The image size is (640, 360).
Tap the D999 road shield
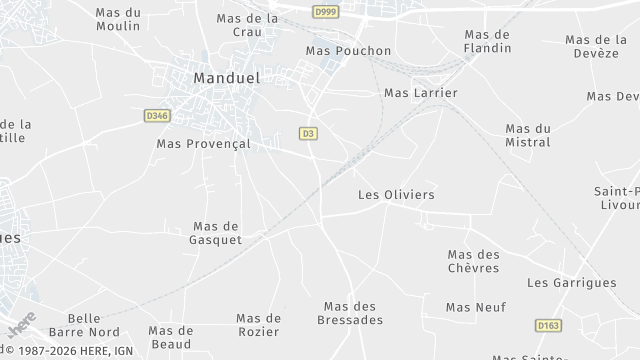(x=324, y=12)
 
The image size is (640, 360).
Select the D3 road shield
(x=308, y=133)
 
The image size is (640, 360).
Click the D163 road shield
(x=547, y=326)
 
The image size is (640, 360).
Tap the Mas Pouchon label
(x=348, y=51)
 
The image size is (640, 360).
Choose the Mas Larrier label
(x=420, y=93)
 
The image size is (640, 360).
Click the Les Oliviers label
(x=396, y=195)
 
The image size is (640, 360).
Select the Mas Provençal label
(x=203, y=144)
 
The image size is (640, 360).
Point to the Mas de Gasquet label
(x=215, y=233)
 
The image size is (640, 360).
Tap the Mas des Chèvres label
(x=473, y=262)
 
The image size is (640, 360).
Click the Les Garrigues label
(x=571, y=283)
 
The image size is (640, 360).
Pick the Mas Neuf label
(x=476, y=307)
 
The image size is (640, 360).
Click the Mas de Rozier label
(x=258, y=325)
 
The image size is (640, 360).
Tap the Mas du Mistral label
(x=528, y=135)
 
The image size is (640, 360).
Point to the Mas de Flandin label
(x=488, y=41)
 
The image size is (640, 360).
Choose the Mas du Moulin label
(x=118, y=19)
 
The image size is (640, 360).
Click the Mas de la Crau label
(x=247, y=25)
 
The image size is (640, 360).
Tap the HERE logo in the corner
(x=20, y=324)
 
